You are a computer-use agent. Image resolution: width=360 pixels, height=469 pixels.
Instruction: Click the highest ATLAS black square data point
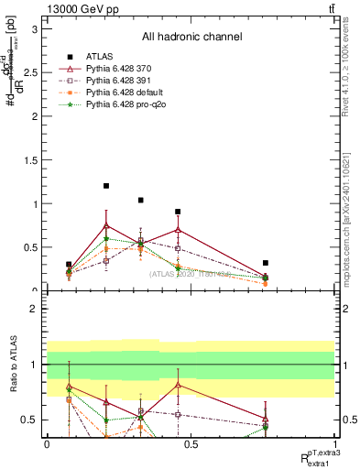click(x=106, y=186)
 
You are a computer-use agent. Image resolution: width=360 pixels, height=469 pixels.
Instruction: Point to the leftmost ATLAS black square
click(x=69, y=265)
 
